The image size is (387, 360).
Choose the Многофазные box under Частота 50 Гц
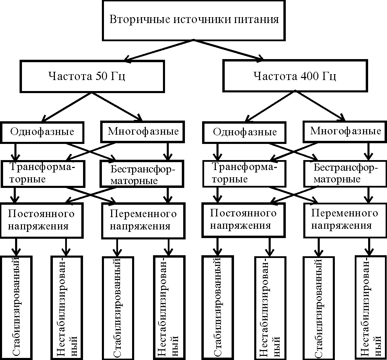pyautogui.click(x=143, y=131)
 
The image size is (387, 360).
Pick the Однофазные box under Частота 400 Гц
pyautogui.click(x=245, y=132)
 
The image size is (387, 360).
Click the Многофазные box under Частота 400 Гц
pyautogui.click(x=345, y=131)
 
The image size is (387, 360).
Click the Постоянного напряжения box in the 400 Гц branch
pyautogui.click(x=243, y=220)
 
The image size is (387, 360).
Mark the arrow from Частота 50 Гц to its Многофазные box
pyautogui.click(x=117, y=106)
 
